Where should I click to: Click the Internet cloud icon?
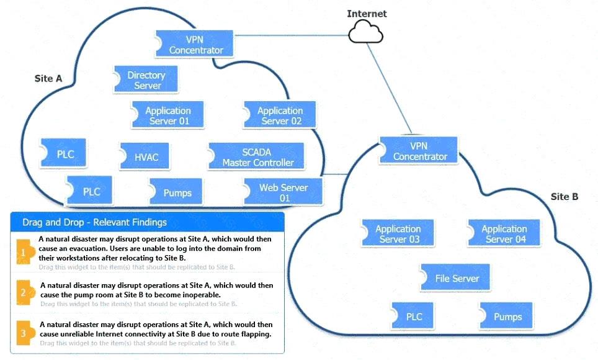pos(366,31)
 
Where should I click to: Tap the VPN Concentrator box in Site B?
pos(420,151)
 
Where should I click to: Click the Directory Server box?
pos(146,80)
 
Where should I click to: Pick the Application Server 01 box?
pos(168,115)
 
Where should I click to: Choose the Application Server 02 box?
pos(280,115)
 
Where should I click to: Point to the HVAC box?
pos(146,157)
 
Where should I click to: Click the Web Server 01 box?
pos(283,192)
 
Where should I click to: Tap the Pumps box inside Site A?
pos(177,192)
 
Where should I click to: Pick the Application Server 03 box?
pos(398,234)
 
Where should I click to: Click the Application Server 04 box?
pos(504,234)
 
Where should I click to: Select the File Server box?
pos(457,278)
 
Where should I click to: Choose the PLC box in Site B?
pos(414,317)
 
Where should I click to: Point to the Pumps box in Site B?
pos(507,317)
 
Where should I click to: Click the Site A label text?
pos(48,79)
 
